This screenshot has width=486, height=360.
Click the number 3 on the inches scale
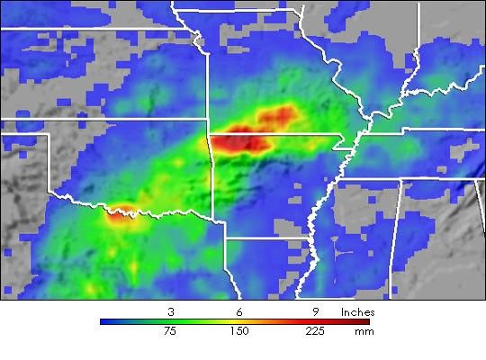[x=171, y=311]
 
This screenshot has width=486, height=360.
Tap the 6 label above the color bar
[x=238, y=311]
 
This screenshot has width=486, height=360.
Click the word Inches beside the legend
[x=357, y=311]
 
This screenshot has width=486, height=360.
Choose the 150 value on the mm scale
[x=238, y=331]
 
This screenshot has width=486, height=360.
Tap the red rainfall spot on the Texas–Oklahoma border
[x=121, y=215]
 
